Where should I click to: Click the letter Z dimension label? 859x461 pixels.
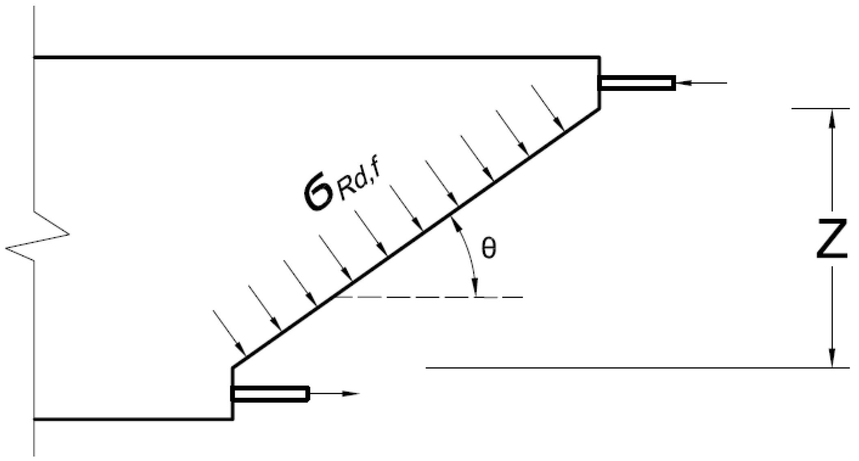click(832, 238)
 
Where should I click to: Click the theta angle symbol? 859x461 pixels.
click(488, 249)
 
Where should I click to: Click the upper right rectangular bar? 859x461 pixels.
click(637, 83)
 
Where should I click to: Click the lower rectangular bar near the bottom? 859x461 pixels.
click(270, 394)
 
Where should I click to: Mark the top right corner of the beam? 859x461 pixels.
click(599, 58)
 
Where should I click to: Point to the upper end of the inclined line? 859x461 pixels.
click(599, 109)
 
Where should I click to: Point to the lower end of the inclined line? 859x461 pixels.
click(233, 368)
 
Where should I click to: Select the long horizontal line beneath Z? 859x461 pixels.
click(637, 368)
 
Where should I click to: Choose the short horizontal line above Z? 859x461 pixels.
click(820, 108)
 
